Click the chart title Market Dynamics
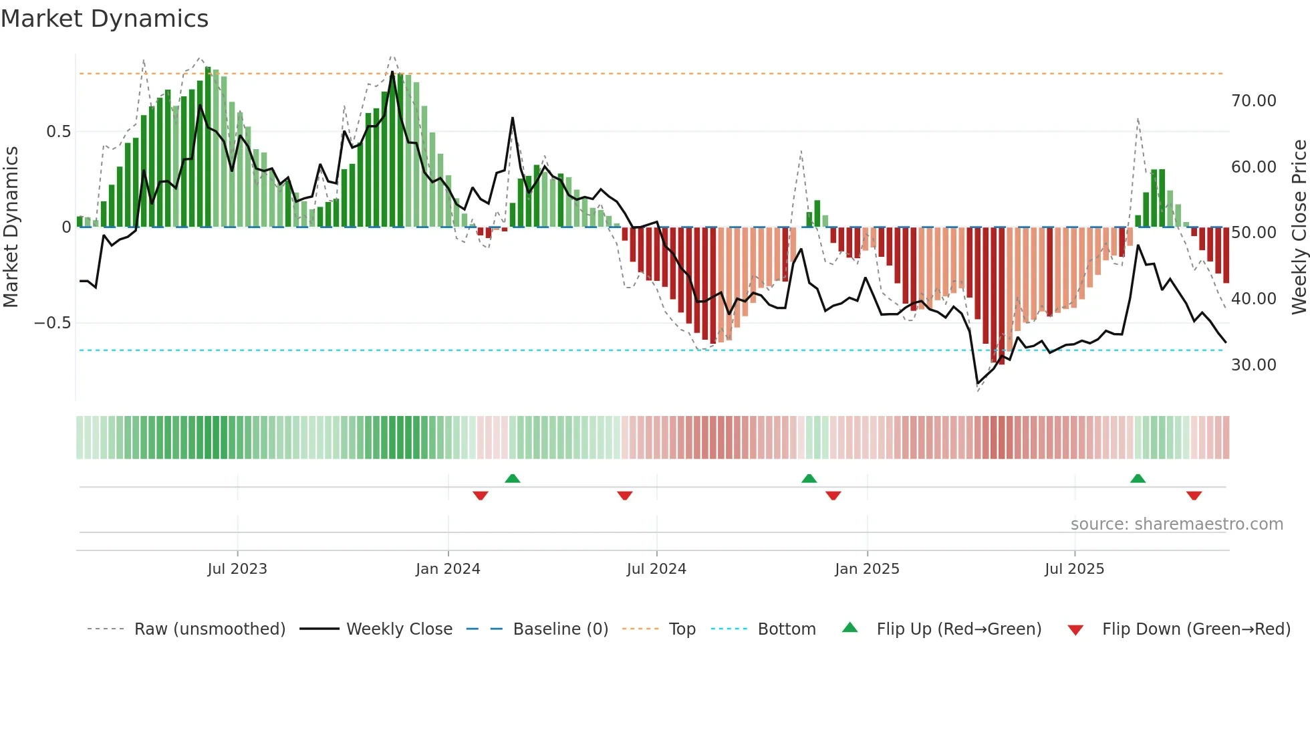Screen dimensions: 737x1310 (x=104, y=19)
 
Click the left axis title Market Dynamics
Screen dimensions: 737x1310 (x=11, y=227)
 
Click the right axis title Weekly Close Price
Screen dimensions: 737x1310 (x=1299, y=227)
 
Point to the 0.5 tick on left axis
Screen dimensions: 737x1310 (x=58, y=132)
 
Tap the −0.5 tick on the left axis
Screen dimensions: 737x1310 (x=52, y=323)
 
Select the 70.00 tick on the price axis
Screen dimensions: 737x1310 (x=1253, y=101)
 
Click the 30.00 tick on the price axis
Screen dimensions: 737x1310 (x=1253, y=365)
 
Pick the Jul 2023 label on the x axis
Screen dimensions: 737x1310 (x=237, y=569)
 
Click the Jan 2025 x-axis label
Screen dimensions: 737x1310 (x=867, y=569)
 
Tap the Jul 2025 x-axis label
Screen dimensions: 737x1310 (x=1074, y=569)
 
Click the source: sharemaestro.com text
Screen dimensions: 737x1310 (x=1176, y=524)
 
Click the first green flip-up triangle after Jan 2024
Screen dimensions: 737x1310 (x=513, y=478)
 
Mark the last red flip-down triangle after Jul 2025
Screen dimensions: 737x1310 (x=1194, y=496)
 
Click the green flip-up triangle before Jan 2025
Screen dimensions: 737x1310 (x=809, y=478)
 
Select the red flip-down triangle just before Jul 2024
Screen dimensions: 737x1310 (x=625, y=496)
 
